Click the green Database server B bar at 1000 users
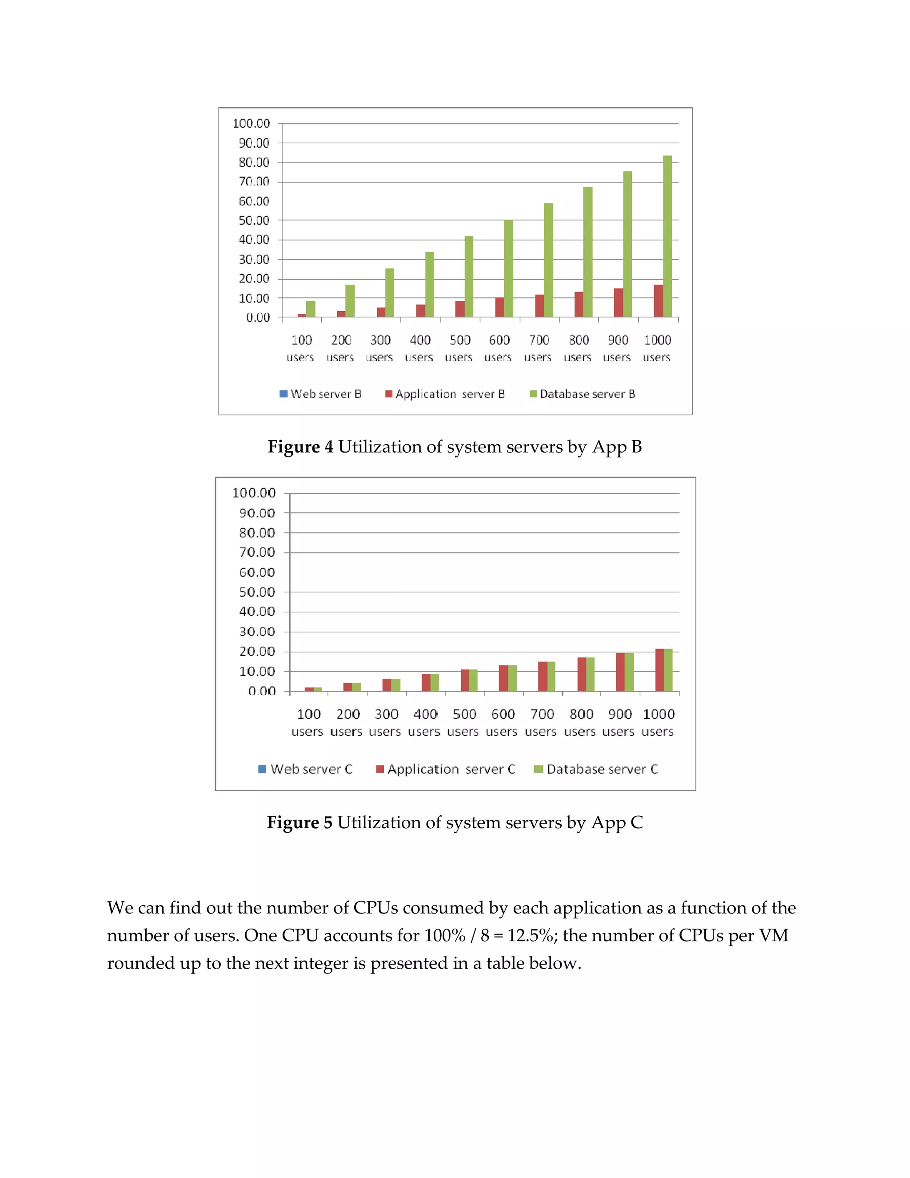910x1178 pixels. click(667, 236)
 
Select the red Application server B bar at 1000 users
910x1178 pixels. click(658, 301)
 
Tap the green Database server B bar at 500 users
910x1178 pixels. click(468, 276)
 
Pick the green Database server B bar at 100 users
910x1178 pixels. click(311, 309)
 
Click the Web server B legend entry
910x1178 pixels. click(320, 394)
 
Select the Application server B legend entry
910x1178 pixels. click(445, 394)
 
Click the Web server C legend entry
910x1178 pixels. click(305, 769)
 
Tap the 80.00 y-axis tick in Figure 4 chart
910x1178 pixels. click(254, 162)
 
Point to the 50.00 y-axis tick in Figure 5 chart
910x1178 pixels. click(257, 592)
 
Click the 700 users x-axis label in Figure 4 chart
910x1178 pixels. click(538, 349)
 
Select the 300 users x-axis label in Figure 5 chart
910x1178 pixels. click(385, 723)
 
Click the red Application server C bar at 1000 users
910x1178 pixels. click(659, 670)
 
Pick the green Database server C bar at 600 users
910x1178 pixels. click(512, 678)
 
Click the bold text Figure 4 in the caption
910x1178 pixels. click(300, 447)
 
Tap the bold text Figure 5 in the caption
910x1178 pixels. click(300, 822)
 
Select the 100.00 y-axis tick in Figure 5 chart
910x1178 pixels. click(254, 493)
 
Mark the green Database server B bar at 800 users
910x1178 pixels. click(587, 252)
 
